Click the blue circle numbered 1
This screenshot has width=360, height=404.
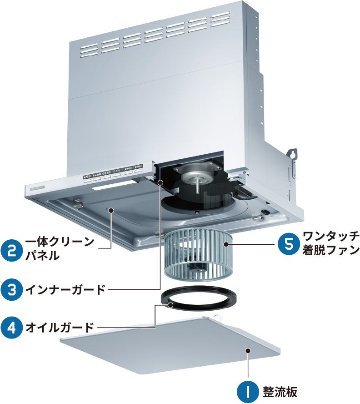pyautogui.click(x=249, y=391)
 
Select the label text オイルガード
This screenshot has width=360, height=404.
pyautogui.click(x=60, y=327)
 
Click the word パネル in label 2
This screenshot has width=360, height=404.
pyautogui.click(x=42, y=255)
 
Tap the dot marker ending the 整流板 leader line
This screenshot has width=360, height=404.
pyautogui.click(x=248, y=350)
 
